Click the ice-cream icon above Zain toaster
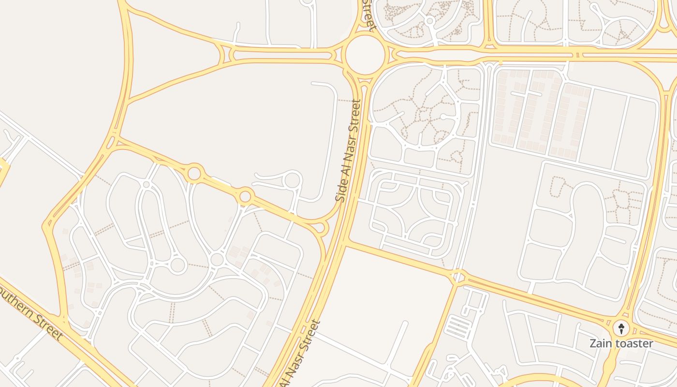coord(621,328)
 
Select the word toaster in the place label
coord(632,344)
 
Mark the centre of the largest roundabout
coord(366,55)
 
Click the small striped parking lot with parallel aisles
coord(457,327)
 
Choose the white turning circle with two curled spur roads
coord(292,180)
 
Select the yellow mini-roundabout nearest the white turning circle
coord(245,196)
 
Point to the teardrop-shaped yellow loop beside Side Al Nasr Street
coord(320,227)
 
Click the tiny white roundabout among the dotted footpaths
coord(429,20)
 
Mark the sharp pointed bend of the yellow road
coord(46,225)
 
